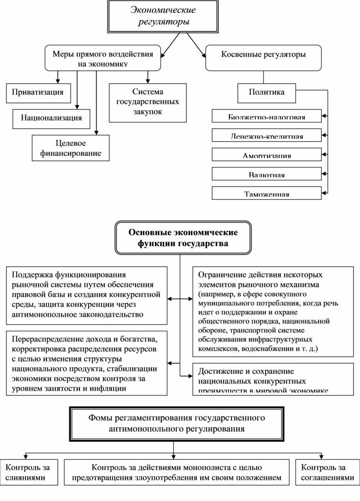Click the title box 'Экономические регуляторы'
coord(163,16)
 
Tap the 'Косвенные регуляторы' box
coord(263,58)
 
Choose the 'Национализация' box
coord(51,118)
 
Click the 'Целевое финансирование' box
coord(71,148)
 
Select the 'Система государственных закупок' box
coord(147,102)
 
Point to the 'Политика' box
coord(266,92)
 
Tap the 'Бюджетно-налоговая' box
coord(266,117)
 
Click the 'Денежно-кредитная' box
coord(266,136)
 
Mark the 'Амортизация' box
coord(266,154)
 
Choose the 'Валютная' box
coord(266,174)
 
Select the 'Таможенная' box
coord(266,193)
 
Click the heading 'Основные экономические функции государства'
coord(183,238)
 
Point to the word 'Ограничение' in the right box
coord(219,275)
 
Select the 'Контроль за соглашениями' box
coord(327,472)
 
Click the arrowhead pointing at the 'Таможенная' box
coord(324,192)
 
